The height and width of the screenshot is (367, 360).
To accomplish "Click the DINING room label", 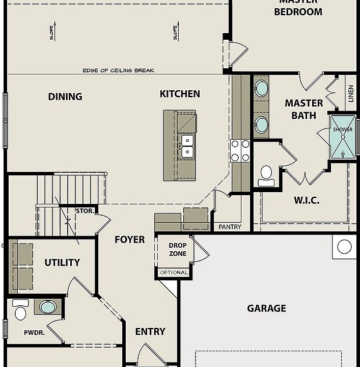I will tap(65, 97).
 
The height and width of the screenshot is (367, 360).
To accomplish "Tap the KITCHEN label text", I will tap(180, 94).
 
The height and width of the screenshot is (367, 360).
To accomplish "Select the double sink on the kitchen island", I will tap(187, 146).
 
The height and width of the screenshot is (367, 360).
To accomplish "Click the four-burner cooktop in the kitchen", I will tap(240, 151).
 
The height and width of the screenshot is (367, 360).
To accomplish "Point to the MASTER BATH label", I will tap(303, 109).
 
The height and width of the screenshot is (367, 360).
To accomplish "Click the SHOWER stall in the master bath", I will tap(343, 137).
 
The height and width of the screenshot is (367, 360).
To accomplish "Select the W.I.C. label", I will tap(307, 200).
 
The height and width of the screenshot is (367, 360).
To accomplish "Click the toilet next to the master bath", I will tap(266, 175).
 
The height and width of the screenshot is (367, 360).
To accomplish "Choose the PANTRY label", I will tap(230, 227).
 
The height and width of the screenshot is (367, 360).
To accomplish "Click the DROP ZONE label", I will tap(178, 249).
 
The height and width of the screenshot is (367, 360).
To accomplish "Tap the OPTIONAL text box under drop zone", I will tap(174, 273).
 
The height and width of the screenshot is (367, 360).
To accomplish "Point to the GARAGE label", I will tap(266, 308).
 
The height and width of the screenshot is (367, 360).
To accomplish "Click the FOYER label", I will tap(129, 240).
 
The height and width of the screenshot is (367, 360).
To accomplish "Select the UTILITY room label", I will tap(62, 263).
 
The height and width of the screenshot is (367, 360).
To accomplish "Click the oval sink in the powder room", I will tap(48, 307).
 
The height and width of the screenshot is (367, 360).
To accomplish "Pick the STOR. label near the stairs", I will tap(84, 211).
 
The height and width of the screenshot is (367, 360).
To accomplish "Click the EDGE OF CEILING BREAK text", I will tap(118, 70).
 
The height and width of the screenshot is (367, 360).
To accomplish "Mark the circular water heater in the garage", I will tap(344, 247).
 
